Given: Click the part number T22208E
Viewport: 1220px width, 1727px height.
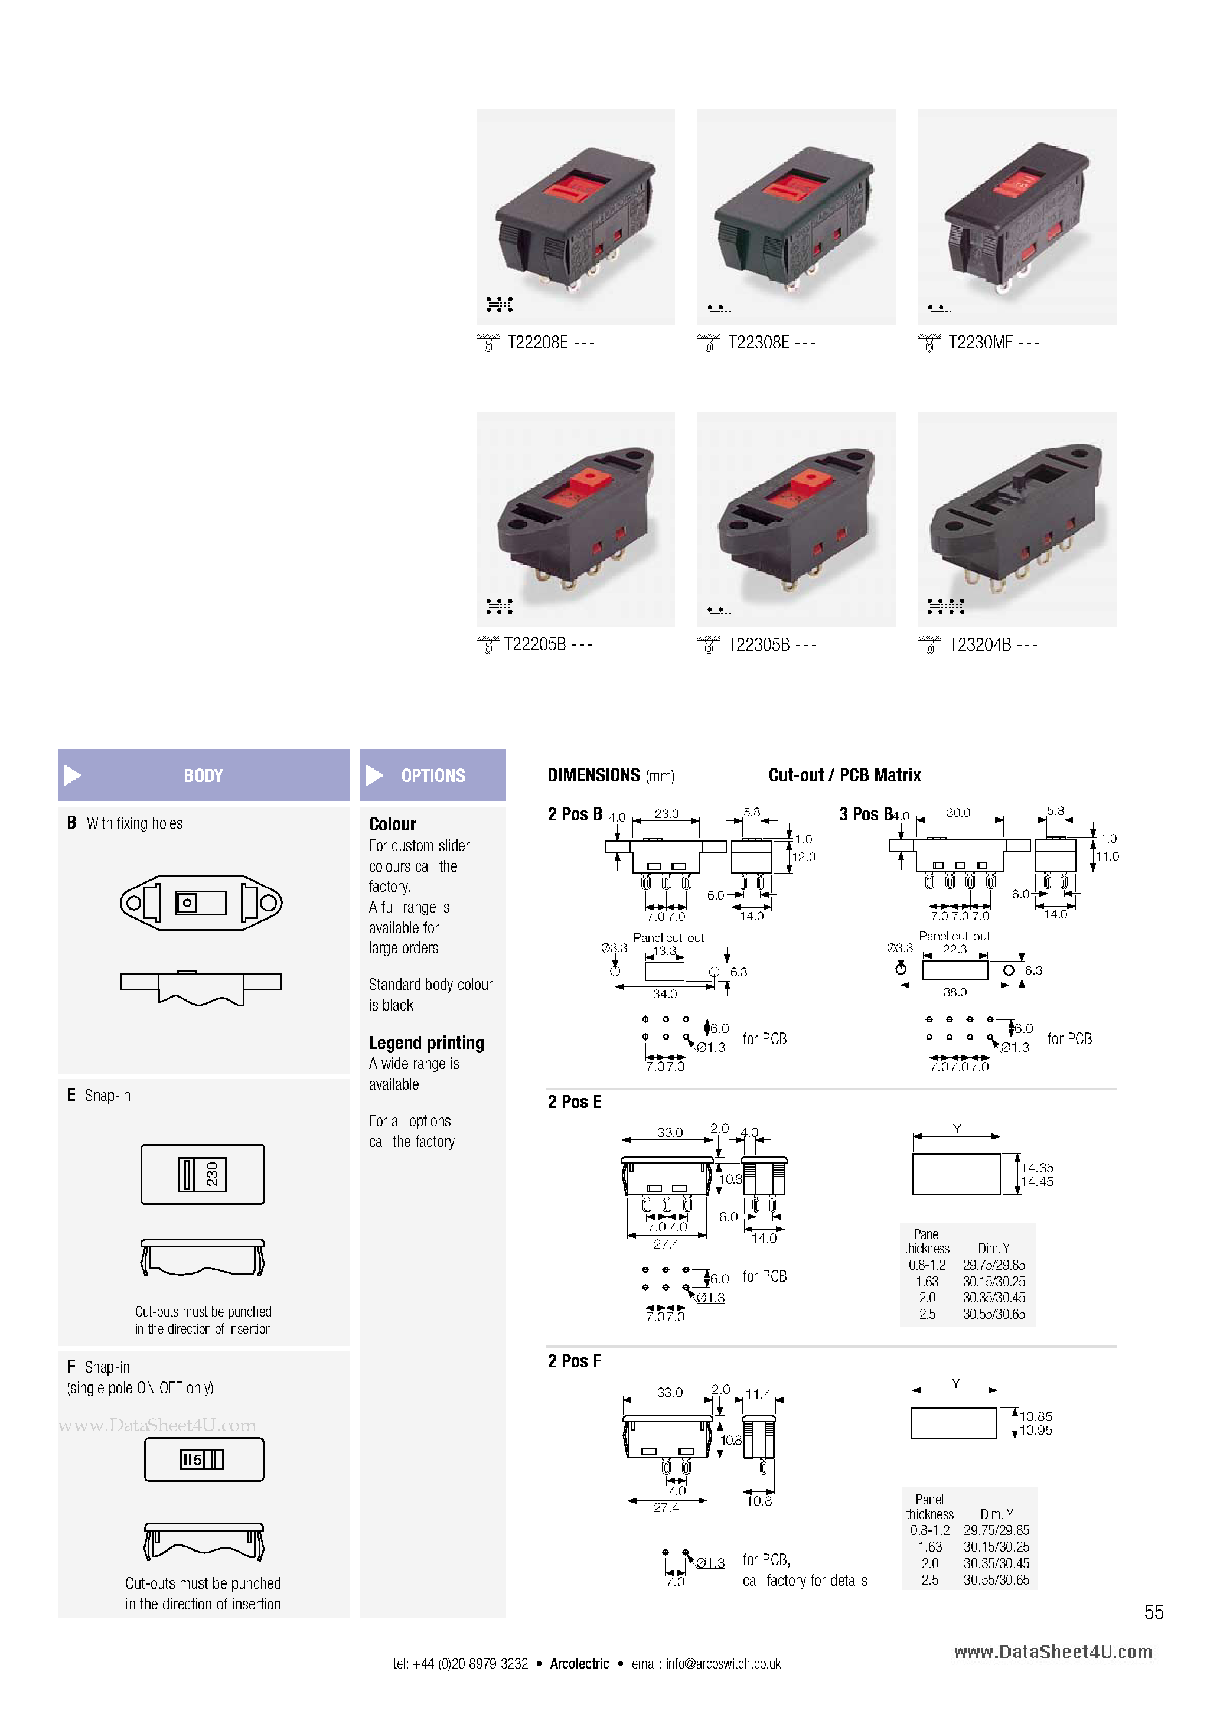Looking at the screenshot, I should [x=538, y=343].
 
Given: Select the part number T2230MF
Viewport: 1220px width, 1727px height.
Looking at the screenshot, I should [x=981, y=343].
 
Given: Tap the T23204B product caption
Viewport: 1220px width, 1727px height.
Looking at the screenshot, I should [x=980, y=644].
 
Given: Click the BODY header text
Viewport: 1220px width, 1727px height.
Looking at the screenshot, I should [x=203, y=775].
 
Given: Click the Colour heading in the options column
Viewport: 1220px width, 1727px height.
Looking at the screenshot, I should [x=392, y=825].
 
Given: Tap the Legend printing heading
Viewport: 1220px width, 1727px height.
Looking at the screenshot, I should [x=426, y=1042].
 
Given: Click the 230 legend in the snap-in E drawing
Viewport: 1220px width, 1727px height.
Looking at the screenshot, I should [x=211, y=1174].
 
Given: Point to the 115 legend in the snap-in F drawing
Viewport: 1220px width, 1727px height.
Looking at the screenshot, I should [x=192, y=1460].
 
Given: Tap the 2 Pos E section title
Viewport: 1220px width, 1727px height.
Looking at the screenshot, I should [x=574, y=1102].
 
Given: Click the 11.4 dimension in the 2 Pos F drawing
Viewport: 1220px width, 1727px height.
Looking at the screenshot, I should [x=758, y=1394].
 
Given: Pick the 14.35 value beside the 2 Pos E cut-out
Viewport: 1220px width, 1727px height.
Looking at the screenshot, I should [x=1036, y=1168].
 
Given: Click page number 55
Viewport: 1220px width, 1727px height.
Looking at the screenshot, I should [x=1153, y=1612].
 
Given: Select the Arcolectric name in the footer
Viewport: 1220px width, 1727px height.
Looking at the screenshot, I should [x=579, y=1664].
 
